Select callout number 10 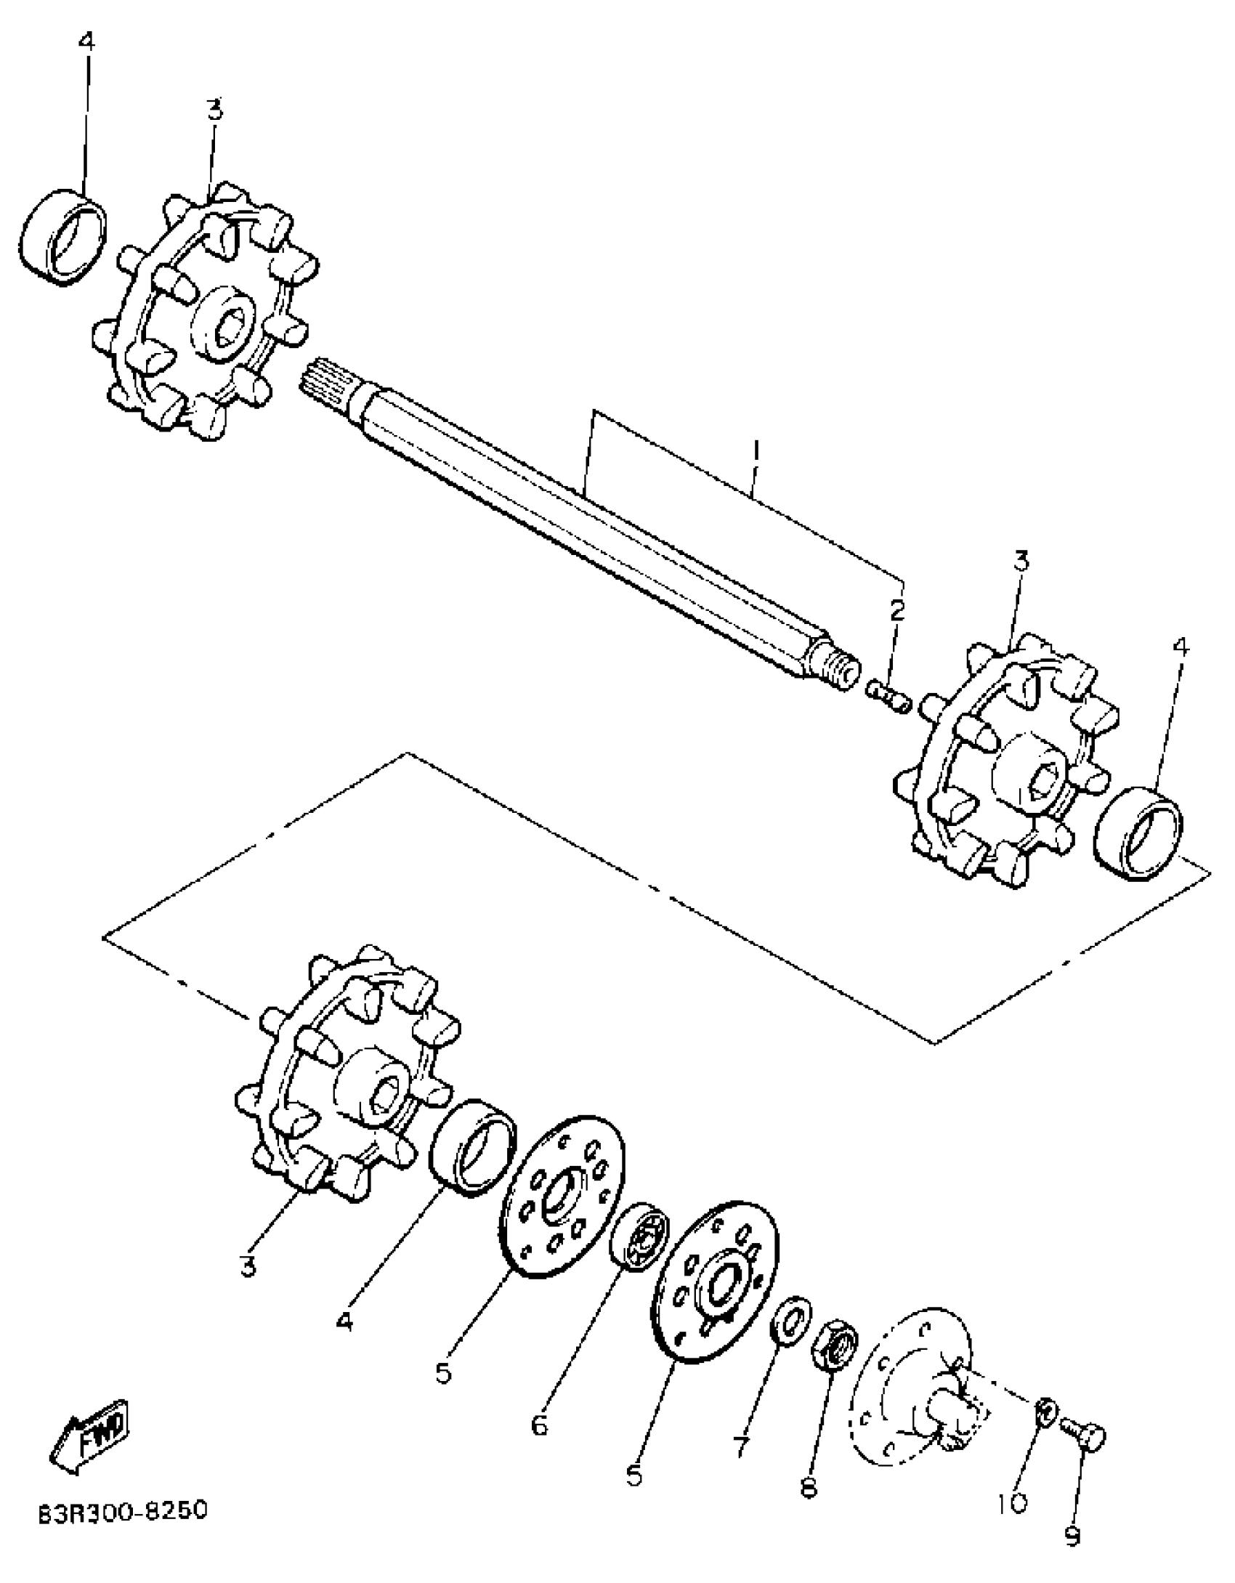click(x=1013, y=1502)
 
